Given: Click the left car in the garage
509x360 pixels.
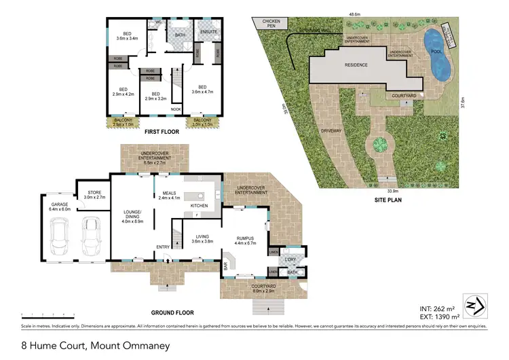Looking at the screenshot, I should [x=60, y=236].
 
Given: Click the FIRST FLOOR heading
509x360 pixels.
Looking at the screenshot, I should [x=162, y=132].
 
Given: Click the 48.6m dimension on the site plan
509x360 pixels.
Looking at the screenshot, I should [x=354, y=13].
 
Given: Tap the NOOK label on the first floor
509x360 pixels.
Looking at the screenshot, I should [x=176, y=109].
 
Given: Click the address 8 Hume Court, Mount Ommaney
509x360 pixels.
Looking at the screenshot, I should [x=96, y=345].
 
